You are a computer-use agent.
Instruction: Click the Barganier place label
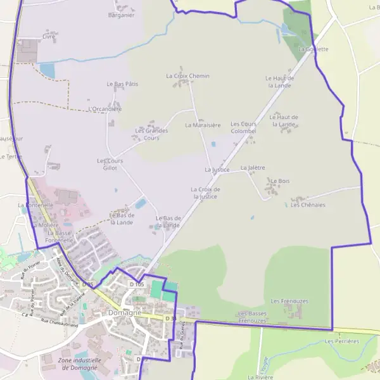122,15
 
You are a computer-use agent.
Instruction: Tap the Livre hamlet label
49,37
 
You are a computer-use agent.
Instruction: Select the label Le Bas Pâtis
122,84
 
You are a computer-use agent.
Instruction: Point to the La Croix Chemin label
187,76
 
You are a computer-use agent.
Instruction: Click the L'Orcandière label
106,109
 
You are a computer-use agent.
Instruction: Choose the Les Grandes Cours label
151,134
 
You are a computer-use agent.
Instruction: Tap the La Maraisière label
203,125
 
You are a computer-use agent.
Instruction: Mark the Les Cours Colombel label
243,127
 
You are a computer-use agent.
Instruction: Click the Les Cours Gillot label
110,164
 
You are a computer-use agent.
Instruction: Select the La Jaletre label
253,168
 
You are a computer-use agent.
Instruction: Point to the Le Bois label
275,181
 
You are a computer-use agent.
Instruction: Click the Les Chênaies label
308,205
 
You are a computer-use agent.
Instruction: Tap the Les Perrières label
341,341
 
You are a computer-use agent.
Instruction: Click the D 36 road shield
170,318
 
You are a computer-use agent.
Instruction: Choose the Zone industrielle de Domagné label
79,364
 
